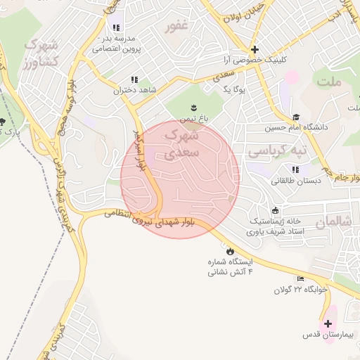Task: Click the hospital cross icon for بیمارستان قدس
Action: (328, 323)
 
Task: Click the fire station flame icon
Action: (230, 250)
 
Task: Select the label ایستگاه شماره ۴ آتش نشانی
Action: (229, 266)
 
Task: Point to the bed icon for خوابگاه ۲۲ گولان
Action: (302, 279)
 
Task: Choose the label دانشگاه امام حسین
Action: (296, 129)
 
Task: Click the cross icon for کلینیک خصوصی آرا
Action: (255, 50)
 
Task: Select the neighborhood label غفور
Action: (176, 27)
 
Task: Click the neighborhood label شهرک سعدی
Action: (181, 143)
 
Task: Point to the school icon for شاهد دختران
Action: (134, 80)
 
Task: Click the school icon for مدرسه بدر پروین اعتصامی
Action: (117, 27)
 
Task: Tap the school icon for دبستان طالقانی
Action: (296, 169)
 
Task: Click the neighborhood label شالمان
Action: (331, 222)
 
